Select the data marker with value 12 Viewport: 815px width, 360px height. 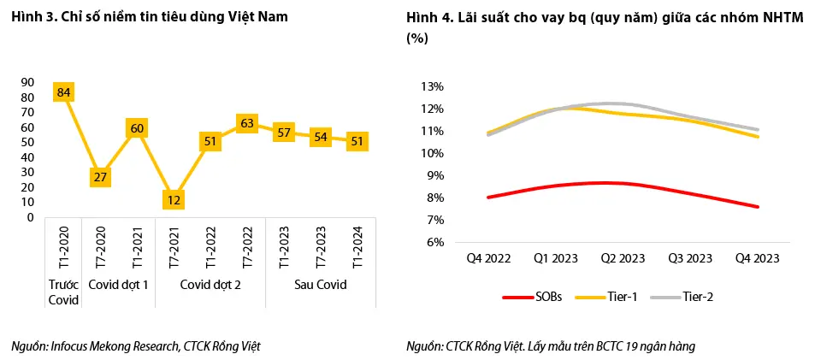pos(174,199)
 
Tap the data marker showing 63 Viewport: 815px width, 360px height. pos(247,123)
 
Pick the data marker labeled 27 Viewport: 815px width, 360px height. pos(100,177)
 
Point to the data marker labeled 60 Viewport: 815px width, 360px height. pos(137,127)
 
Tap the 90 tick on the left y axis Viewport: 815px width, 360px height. pos(27,82)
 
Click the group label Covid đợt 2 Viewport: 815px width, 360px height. pos(210,285)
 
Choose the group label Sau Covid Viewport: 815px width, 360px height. pos(321,285)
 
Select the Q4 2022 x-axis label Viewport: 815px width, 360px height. pos(487,257)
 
